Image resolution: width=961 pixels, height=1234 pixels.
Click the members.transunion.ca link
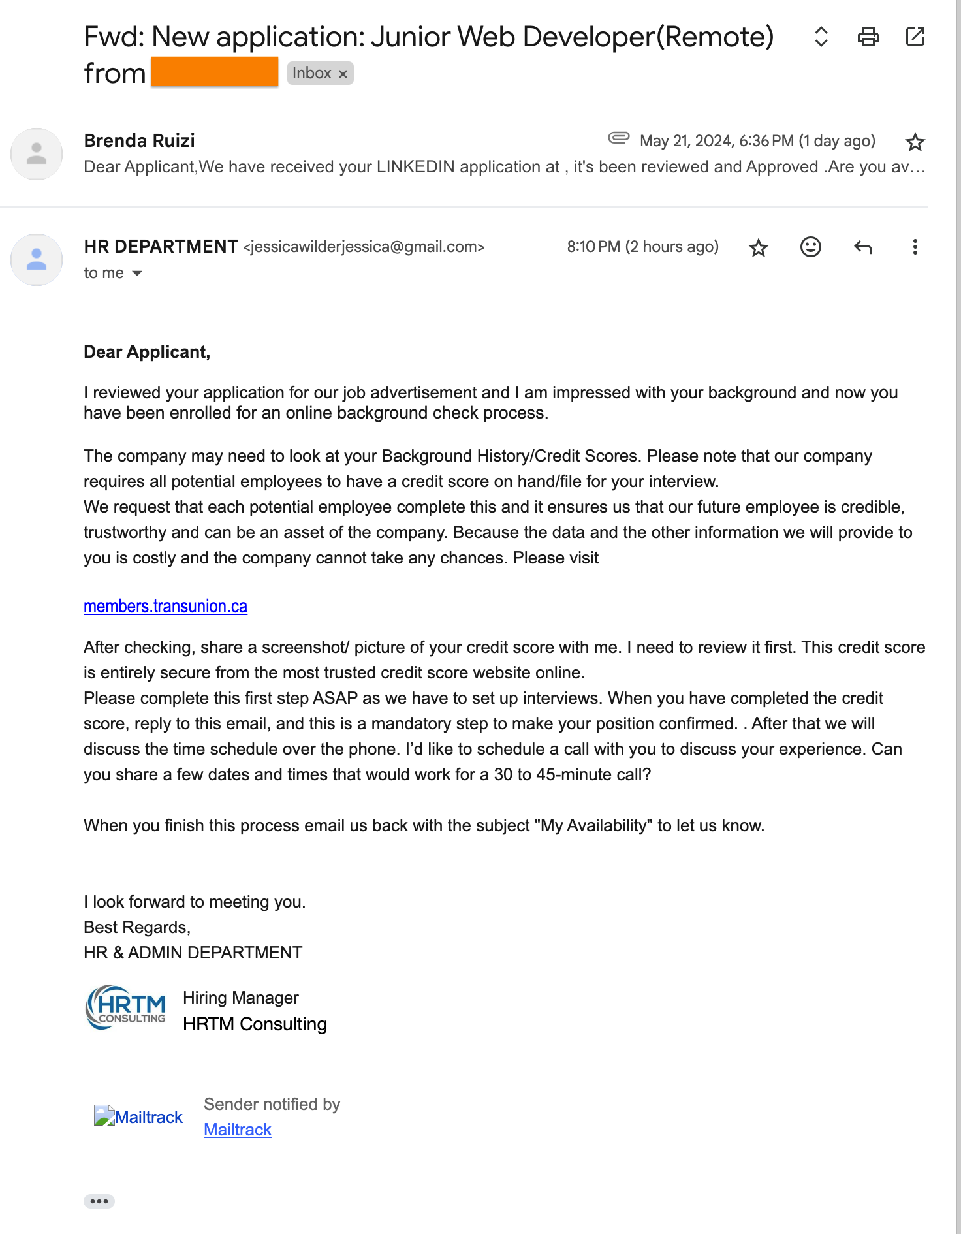tap(165, 607)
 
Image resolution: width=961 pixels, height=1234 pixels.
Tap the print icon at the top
tap(868, 37)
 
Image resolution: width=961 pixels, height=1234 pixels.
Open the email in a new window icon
tap(915, 37)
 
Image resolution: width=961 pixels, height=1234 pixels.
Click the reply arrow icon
tap(863, 247)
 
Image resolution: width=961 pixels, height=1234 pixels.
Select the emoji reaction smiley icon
tap(810, 247)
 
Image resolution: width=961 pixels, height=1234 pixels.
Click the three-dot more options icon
tap(915, 247)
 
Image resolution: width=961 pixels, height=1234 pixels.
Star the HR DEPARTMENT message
tap(758, 247)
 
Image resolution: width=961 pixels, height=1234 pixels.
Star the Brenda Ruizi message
tap(915, 142)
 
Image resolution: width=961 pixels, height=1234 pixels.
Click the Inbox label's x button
tap(343, 74)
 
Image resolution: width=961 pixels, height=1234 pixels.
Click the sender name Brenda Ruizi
tap(139, 140)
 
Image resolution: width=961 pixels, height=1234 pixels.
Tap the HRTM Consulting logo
tap(126, 1007)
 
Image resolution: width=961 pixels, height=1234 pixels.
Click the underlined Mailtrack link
tap(237, 1130)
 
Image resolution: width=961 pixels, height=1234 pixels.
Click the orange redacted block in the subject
tap(214, 72)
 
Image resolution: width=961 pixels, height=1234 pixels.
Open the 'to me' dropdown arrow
tap(137, 273)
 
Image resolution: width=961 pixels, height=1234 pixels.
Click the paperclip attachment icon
tap(618, 138)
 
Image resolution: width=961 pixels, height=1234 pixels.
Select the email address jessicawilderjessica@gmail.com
tap(364, 247)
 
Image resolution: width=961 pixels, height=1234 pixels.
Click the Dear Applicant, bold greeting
tap(147, 352)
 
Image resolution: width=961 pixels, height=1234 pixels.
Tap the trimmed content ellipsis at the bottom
tap(99, 1201)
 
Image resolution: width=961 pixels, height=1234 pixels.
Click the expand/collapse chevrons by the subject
tap(821, 37)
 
